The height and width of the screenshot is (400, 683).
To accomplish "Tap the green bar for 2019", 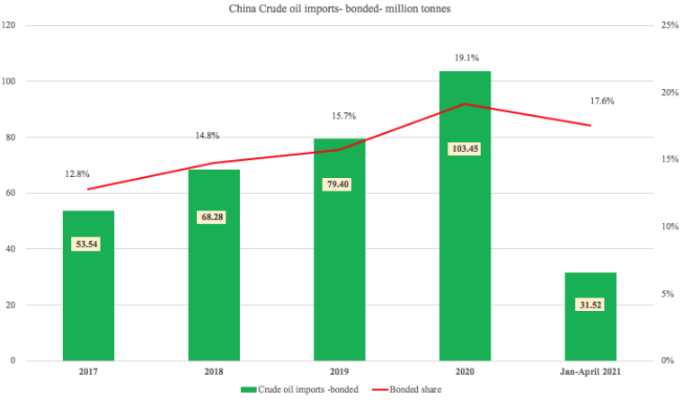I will (340, 270).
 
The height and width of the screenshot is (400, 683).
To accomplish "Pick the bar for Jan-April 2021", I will (590, 333).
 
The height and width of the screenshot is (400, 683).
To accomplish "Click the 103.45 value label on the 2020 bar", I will (464, 148).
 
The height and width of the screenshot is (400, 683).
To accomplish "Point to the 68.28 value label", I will (214, 217).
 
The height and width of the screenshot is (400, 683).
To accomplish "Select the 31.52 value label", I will (590, 305).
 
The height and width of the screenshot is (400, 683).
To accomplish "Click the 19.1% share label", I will (465, 56).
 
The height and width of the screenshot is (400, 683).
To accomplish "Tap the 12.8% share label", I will (88, 173).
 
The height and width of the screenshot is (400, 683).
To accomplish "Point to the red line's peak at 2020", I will (465, 104).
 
